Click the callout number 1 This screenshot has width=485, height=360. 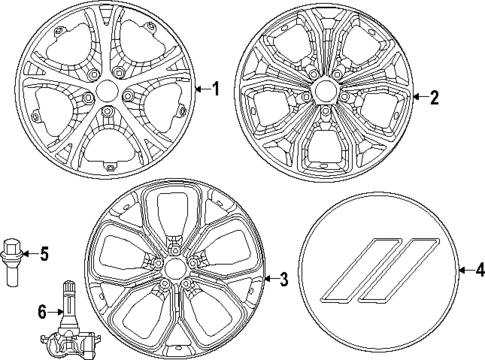(x=213, y=89)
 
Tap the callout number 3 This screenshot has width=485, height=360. (x=283, y=280)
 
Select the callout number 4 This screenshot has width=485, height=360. (x=477, y=270)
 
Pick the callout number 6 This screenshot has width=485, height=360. (x=42, y=313)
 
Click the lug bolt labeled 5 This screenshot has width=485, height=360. (x=14, y=258)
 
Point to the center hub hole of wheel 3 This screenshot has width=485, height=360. (x=174, y=270)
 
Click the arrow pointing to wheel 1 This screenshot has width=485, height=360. (x=201, y=89)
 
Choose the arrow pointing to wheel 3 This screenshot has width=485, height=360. (x=270, y=280)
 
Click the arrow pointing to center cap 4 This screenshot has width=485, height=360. (x=463, y=270)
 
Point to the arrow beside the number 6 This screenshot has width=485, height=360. (x=55, y=313)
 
